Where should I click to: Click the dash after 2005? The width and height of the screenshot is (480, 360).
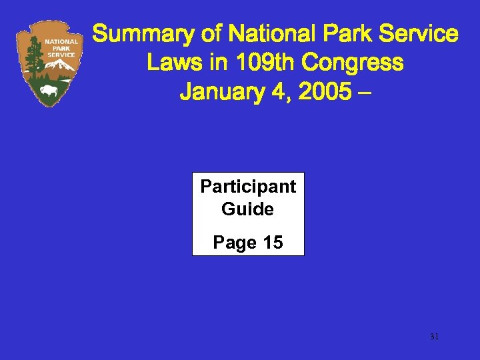[x=363, y=92]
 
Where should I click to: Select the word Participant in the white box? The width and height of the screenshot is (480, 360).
[x=248, y=187]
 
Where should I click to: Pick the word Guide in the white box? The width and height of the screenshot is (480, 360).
[x=248, y=209]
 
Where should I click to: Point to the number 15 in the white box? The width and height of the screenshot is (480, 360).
[x=273, y=243]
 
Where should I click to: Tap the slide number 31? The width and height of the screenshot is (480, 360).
[x=434, y=337]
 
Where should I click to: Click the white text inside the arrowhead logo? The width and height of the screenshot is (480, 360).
[x=61, y=48]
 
